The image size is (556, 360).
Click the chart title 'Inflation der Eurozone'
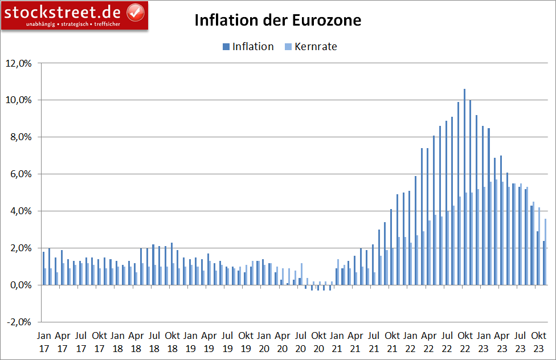(x=277, y=21)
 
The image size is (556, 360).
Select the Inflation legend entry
(x=248, y=47)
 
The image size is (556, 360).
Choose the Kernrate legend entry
(x=311, y=47)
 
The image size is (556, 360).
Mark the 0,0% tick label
(x=21, y=285)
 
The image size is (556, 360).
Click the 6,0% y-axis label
(x=21, y=174)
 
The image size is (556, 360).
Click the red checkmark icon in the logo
(x=135, y=11)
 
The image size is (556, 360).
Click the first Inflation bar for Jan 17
(x=43, y=268)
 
